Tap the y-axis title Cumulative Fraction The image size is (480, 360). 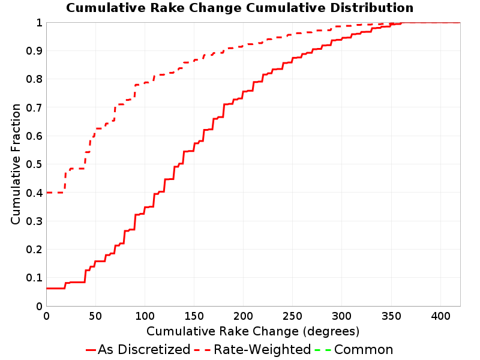pyautogui.click(x=16, y=164)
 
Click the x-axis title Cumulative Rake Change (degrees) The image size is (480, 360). pyautogui.click(x=253, y=332)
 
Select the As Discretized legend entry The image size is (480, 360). pyautogui.click(x=138, y=350)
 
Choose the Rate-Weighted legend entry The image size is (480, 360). pyautogui.click(x=253, y=350)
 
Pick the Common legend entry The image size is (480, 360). pyautogui.click(x=354, y=350)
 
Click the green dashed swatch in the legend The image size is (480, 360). pyautogui.click(x=323, y=350)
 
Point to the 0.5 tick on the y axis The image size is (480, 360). pyautogui.click(x=34, y=164)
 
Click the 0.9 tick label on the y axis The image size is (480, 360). pyautogui.click(x=34, y=51)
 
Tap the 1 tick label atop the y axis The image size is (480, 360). pyautogui.click(x=39, y=23)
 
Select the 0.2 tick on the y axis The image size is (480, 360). pyautogui.click(x=34, y=250)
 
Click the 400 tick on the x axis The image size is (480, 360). pyautogui.click(x=440, y=316)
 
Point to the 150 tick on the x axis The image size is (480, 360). pyautogui.click(x=194, y=316)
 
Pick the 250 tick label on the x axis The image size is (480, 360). pyautogui.click(x=293, y=316)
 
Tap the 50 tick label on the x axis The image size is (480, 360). pyautogui.click(x=95, y=316)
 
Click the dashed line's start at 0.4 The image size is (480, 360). pyautogui.click(x=47, y=193)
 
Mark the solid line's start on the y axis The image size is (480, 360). pyautogui.click(x=47, y=289)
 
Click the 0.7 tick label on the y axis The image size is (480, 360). pyautogui.click(x=34, y=107)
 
